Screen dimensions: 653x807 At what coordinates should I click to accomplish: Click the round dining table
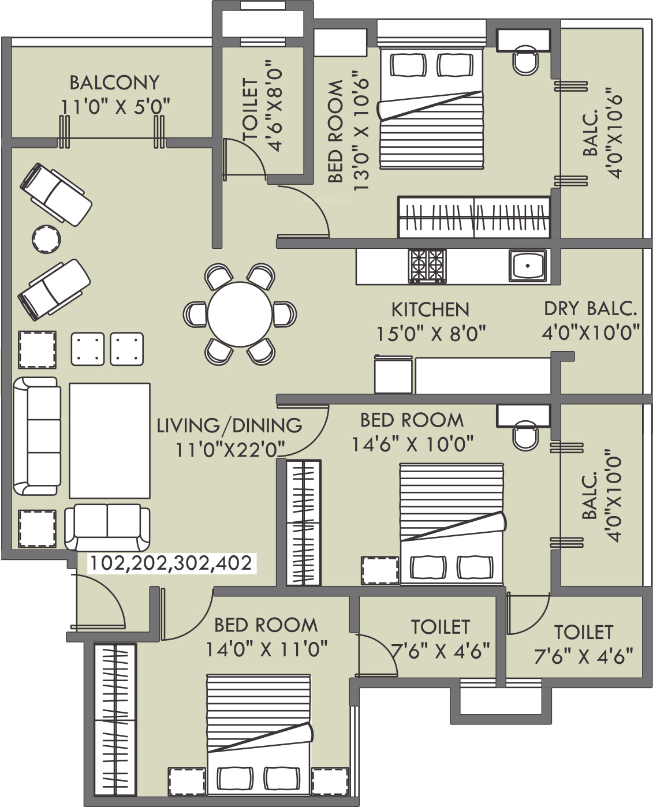click(x=240, y=314)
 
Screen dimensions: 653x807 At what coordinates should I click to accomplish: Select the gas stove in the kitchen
click(x=427, y=266)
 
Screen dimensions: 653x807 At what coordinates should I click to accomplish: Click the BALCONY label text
click(x=114, y=83)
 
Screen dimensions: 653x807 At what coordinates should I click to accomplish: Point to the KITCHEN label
click(x=430, y=309)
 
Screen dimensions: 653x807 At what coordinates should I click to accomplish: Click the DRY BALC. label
click(x=590, y=309)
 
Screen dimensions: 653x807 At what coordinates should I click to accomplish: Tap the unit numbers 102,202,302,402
click(x=171, y=563)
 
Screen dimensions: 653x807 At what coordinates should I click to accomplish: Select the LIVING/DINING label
click(x=229, y=425)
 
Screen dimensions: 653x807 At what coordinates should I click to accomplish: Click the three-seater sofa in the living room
click(x=37, y=436)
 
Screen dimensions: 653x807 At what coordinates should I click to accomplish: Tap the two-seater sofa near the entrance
click(x=107, y=527)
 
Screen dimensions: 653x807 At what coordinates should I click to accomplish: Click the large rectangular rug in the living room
click(x=110, y=440)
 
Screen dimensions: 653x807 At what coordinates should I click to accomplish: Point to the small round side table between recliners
click(x=46, y=239)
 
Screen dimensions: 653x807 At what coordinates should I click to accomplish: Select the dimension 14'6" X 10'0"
click(x=413, y=444)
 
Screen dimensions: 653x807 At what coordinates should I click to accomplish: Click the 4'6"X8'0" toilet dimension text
click(x=275, y=105)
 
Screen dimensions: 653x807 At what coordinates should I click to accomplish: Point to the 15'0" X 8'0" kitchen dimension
click(x=431, y=334)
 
